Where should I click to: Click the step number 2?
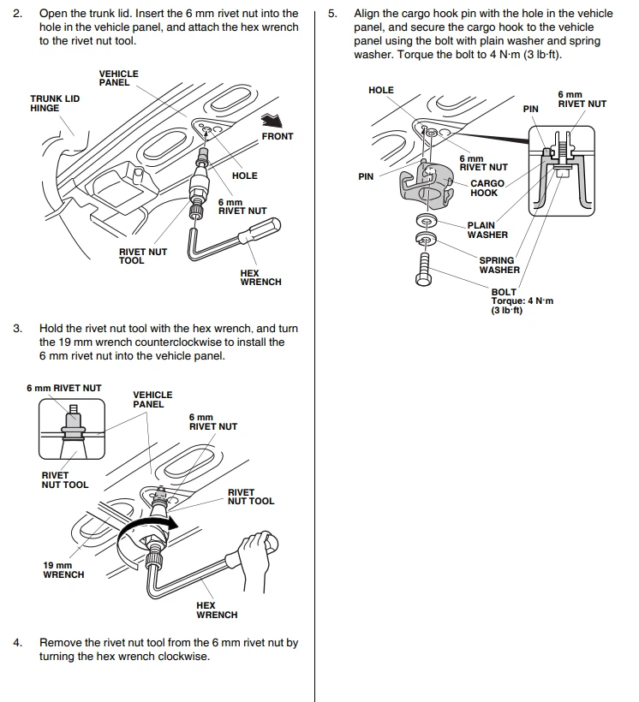(x=17, y=14)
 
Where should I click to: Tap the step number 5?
(x=332, y=14)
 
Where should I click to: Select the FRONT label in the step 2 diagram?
(x=277, y=136)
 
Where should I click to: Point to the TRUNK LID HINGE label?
(x=55, y=104)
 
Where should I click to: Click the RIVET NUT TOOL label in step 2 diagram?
(x=142, y=256)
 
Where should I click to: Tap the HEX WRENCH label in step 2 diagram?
(x=260, y=277)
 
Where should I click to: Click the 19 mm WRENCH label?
(x=63, y=570)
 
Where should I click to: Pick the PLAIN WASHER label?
(x=487, y=230)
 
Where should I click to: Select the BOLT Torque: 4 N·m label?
(x=522, y=301)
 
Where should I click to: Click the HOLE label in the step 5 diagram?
(x=380, y=90)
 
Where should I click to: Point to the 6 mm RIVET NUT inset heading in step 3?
(x=63, y=388)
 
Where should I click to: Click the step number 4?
(x=17, y=642)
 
